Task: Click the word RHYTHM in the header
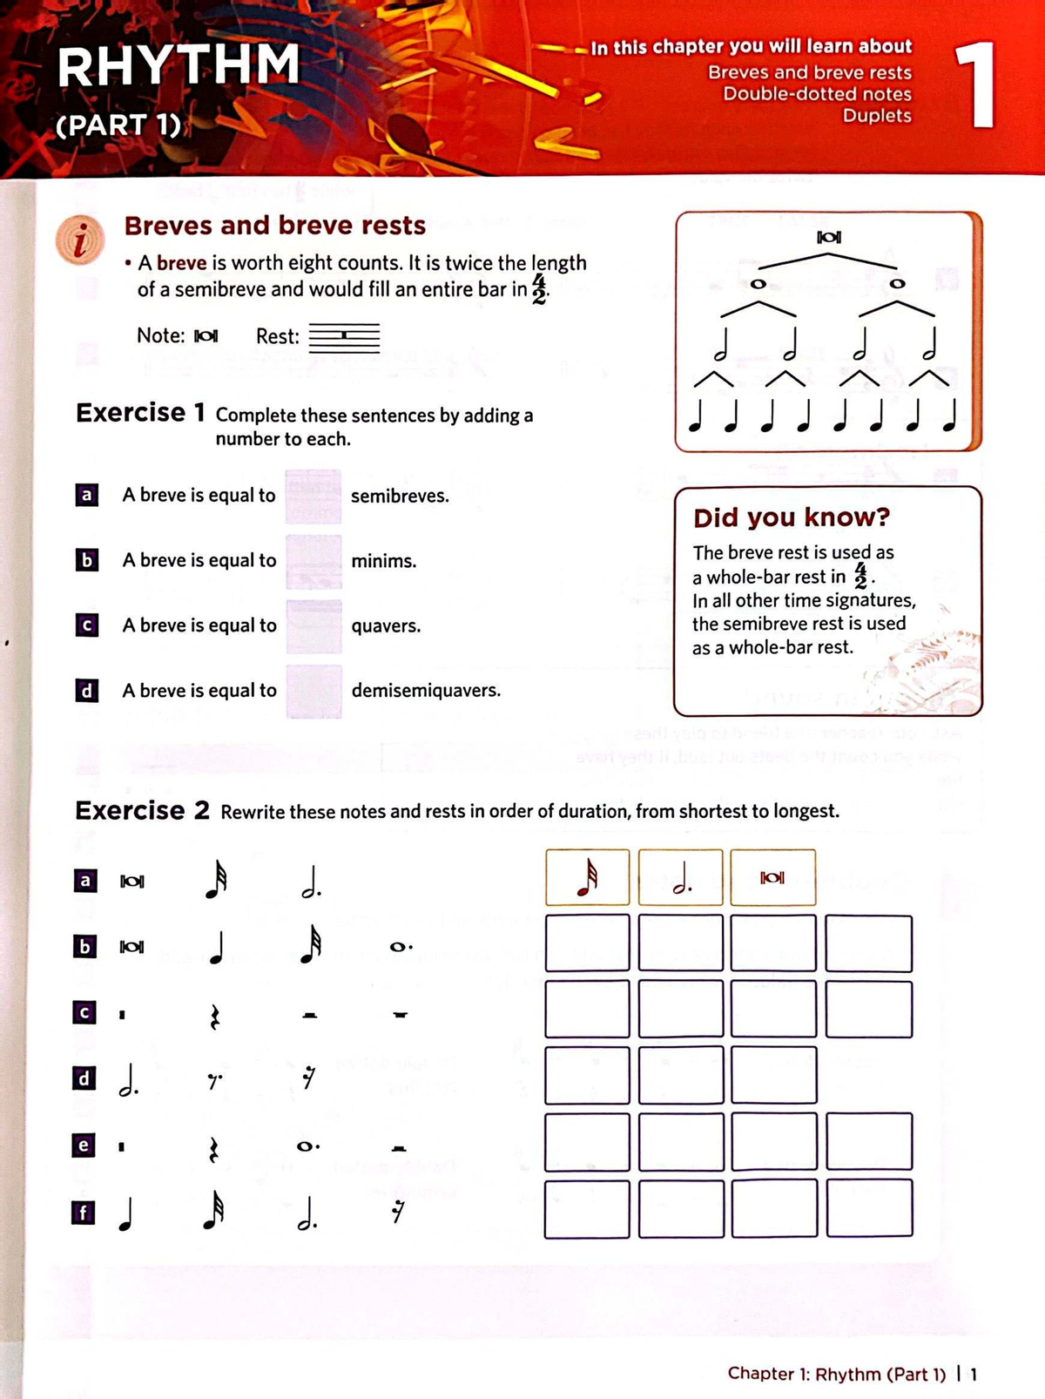click(179, 66)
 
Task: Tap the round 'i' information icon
click(80, 240)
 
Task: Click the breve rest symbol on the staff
click(345, 335)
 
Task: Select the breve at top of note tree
click(829, 237)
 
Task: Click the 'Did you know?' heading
click(791, 517)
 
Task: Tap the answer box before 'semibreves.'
click(313, 496)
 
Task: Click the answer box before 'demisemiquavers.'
click(313, 691)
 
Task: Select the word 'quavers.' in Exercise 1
click(386, 626)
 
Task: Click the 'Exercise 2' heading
click(143, 810)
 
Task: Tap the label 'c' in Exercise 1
click(86, 625)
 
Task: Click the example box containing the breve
click(772, 878)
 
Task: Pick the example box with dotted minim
click(680, 878)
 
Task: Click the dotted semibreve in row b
click(401, 946)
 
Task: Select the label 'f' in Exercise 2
click(83, 1212)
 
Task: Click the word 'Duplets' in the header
click(876, 116)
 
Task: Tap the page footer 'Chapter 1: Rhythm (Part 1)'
click(836, 1374)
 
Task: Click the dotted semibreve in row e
click(308, 1146)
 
